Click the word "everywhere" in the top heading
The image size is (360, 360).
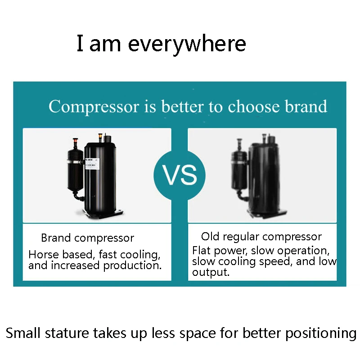point(187,44)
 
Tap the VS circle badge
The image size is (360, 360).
point(180,175)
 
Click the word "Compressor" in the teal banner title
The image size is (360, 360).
point(94,107)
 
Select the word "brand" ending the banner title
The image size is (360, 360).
point(306,106)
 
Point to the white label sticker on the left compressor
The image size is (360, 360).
point(92,164)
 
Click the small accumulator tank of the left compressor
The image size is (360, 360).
point(75,170)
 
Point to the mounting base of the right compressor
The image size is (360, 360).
point(267,214)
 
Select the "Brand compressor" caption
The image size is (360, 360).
point(87,238)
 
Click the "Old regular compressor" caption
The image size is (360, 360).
point(261,237)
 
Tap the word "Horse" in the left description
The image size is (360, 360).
point(44,254)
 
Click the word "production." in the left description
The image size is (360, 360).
point(132,266)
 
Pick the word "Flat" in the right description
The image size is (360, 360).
point(201,250)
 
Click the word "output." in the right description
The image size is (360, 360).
point(211,272)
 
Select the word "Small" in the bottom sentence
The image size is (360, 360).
point(23,333)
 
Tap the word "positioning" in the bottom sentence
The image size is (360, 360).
point(321,334)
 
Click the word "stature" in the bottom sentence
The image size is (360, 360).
point(67,333)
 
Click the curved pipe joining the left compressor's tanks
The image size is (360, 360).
point(78,196)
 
